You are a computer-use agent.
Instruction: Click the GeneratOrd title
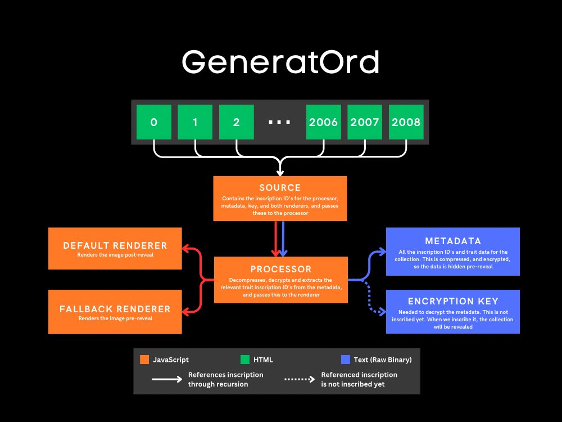coord(280,62)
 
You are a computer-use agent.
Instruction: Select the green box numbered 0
coord(154,122)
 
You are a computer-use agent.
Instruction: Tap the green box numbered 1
coord(195,122)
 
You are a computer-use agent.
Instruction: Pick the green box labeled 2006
coord(323,122)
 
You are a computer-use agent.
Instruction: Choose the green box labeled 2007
coord(365,122)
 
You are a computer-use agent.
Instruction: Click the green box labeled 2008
coord(406,122)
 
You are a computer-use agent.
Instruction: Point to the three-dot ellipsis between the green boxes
coord(279,122)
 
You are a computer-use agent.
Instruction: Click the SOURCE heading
coord(280,187)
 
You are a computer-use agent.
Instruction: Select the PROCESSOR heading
coord(281,269)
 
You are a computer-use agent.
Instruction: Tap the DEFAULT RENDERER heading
coord(115,245)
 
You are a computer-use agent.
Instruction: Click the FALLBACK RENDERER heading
coord(115,309)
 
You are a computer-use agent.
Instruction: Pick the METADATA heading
coord(453,241)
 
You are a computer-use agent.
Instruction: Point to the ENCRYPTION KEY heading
coord(453,301)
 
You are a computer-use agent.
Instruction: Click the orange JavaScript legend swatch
coord(144,360)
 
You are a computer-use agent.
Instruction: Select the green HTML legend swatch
coord(245,360)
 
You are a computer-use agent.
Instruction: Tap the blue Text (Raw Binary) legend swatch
coord(346,360)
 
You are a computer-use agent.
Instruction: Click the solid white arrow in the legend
coord(167,379)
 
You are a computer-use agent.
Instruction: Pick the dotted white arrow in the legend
coord(300,379)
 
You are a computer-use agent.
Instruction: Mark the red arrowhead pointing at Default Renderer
coord(185,248)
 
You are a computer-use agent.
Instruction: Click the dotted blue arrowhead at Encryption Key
coord(382,312)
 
